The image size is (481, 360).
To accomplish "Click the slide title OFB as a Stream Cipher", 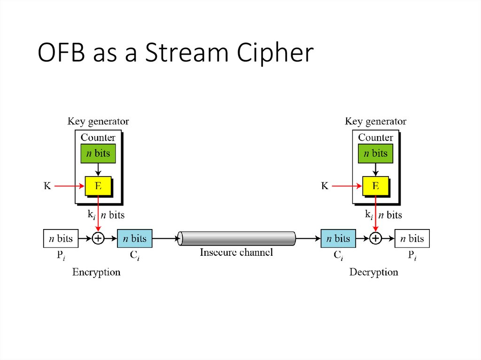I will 175,53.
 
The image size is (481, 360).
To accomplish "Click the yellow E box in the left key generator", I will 98,186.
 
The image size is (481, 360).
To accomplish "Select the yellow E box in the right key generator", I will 375,186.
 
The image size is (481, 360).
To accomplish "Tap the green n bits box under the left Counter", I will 98,153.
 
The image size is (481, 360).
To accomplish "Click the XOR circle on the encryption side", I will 98,238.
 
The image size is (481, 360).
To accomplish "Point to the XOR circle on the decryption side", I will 375,238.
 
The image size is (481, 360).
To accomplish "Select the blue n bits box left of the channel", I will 135,238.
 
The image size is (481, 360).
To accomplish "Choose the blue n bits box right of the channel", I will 338,238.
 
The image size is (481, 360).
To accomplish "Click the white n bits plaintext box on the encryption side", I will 61,238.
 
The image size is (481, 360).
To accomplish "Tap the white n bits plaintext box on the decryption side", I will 412,238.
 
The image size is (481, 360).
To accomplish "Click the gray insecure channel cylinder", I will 237,238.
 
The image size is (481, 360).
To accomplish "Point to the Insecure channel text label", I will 236,253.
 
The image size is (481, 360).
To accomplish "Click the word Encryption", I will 96,272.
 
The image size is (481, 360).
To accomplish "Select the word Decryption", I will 373,272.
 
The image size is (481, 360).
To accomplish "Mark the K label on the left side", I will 47,186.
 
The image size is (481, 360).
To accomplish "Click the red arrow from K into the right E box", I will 348,186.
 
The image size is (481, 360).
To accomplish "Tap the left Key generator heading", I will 98,122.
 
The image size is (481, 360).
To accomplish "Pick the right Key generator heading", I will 375,122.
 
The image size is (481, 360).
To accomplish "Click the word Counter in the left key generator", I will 98,138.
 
